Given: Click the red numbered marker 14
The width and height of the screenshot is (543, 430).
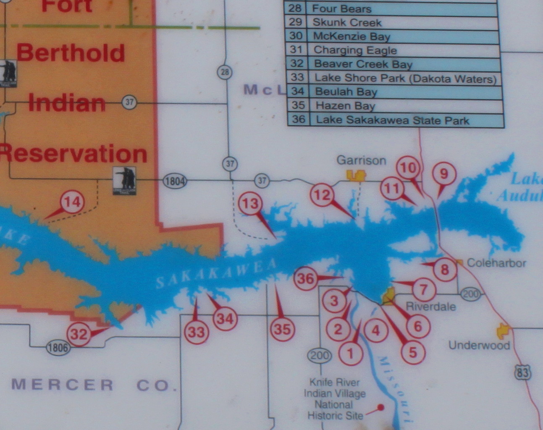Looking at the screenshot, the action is tap(72, 202).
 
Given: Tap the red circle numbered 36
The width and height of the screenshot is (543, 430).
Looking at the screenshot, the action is tap(305, 278).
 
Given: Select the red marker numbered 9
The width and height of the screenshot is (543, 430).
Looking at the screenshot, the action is tap(444, 173).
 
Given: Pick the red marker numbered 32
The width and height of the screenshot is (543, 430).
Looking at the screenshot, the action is tap(79, 334).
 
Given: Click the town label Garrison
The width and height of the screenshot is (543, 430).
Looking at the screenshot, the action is tap(361, 160).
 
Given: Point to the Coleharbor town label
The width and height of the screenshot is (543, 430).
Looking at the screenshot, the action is tap(496, 263).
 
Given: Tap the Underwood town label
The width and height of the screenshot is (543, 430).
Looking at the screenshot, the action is tap(479, 345).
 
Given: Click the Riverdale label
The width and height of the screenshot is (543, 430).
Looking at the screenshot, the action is tap(430, 306).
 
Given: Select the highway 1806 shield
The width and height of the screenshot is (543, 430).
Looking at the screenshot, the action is tap(58, 347).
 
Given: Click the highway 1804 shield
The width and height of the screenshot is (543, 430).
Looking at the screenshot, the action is tap(175, 181).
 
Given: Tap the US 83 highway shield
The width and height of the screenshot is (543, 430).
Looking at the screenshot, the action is tap(522, 372).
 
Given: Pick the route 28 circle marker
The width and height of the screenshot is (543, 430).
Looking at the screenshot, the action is tap(225, 72).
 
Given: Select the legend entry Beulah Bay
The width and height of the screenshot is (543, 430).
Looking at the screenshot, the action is tap(346, 92).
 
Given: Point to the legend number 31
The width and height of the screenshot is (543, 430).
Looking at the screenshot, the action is tap(296, 50).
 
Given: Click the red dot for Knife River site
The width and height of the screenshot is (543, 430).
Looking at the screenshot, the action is tap(381, 407).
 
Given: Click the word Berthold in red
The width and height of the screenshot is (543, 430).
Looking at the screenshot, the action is tap(71, 53).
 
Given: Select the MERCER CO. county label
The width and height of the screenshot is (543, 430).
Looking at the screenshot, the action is tap(94, 385).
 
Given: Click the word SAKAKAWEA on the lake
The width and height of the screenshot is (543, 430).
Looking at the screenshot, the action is tap(217, 273).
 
